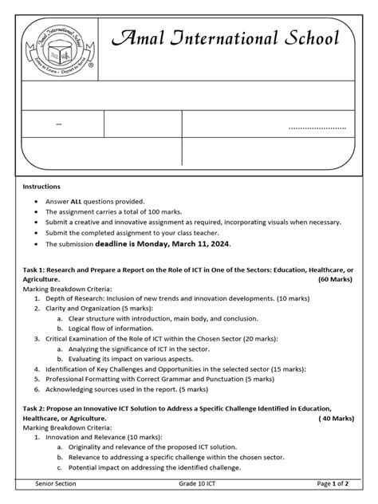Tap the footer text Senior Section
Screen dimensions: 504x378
58,485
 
